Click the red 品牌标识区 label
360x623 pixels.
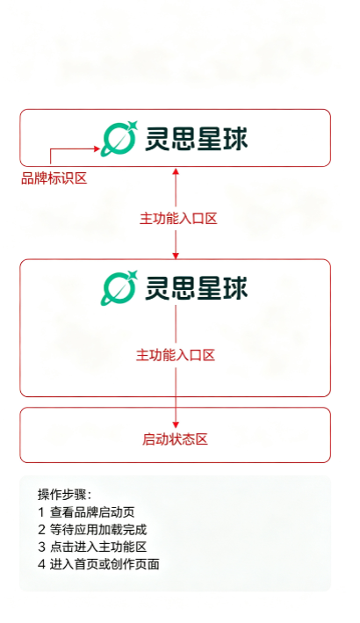(54, 178)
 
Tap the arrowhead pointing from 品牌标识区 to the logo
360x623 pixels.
(97, 149)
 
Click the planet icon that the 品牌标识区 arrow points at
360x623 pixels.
(119, 138)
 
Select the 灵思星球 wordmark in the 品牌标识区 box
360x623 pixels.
(196, 139)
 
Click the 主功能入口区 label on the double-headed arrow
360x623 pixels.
(178, 219)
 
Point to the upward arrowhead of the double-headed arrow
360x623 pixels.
(176, 171)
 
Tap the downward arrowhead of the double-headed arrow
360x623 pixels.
(176, 255)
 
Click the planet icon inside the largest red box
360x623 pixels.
(119, 287)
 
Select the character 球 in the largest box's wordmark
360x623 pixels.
(235, 287)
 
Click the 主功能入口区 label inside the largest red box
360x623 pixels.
(176, 355)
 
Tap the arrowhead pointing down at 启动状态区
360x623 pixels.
(176, 424)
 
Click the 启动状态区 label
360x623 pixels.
(175, 439)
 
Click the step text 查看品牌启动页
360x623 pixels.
(92, 512)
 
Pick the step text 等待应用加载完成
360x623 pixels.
(98, 530)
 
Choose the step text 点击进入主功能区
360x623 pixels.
(98, 547)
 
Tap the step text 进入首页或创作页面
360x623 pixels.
(104, 564)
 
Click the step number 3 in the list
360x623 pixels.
(41, 547)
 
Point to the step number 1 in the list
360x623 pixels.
(41, 512)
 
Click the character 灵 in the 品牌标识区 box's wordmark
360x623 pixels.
(157, 139)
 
